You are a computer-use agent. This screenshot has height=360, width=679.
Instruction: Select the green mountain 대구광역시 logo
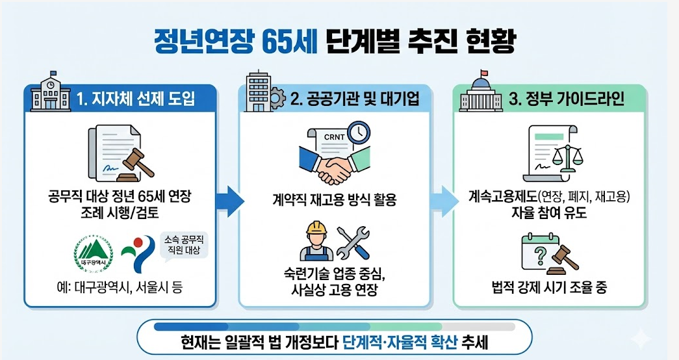pyautogui.click(x=93, y=253)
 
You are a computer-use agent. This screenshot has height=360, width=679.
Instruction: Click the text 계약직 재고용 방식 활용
pyautogui.click(x=335, y=199)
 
